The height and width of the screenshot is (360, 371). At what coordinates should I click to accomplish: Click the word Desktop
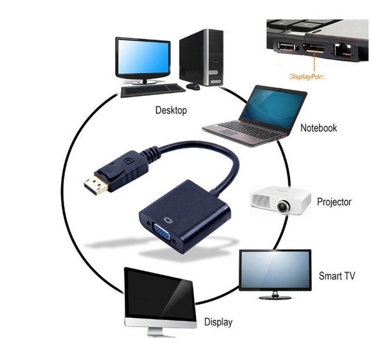[171, 110]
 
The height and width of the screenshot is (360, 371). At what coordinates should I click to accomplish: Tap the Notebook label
[318, 128]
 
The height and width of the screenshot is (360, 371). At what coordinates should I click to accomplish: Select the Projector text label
[334, 202]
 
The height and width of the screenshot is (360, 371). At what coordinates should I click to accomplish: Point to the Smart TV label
[337, 276]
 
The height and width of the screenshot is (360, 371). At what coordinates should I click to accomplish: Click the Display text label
[218, 322]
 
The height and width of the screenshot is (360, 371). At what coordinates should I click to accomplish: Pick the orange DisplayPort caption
[307, 77]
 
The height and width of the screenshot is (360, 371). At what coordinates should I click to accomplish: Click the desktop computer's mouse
[193, 87]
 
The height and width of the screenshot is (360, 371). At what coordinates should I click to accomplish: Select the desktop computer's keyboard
[153, 90]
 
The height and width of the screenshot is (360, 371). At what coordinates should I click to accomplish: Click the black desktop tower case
[202, 58]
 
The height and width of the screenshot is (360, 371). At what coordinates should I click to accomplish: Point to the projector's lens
[283, 207]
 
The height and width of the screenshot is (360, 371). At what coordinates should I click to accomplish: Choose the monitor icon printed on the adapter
[168, 220]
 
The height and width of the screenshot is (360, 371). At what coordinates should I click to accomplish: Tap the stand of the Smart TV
[275, 296]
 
